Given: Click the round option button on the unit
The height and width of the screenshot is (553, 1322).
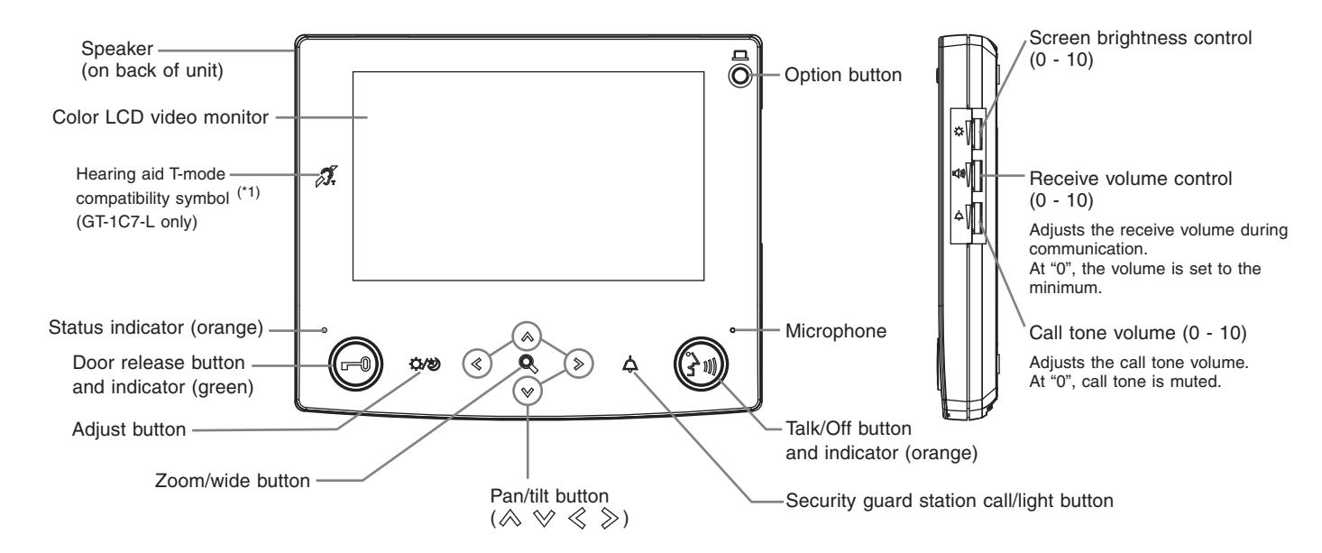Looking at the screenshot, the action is click(739, 76).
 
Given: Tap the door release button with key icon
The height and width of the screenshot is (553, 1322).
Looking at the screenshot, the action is click(355, 364).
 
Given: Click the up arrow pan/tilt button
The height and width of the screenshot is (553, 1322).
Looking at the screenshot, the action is click(527, 337).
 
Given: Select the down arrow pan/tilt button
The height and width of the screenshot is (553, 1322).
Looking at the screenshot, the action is click(528, 392).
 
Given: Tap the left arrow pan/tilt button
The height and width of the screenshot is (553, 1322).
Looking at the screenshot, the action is click(477, 364).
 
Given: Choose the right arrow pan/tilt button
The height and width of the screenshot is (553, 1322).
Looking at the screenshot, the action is click(578, 364).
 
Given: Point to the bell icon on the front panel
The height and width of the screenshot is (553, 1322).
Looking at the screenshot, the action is click(630, 364).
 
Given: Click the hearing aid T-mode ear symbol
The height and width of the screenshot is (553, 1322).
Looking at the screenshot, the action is click(326, 176).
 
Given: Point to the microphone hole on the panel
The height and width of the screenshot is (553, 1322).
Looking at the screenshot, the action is click(732, 330).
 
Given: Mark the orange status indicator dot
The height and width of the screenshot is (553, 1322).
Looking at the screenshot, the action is click(324, 330).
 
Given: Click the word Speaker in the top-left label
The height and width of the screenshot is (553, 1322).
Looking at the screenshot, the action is click(117, 49).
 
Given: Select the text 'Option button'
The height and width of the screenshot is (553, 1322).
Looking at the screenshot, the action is click(843, 75).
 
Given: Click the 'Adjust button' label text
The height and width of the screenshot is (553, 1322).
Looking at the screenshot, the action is click(129, 429).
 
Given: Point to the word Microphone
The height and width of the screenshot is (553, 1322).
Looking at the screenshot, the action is click(836, 331).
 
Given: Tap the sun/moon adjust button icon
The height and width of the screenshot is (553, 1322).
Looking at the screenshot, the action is click(425, 364).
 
